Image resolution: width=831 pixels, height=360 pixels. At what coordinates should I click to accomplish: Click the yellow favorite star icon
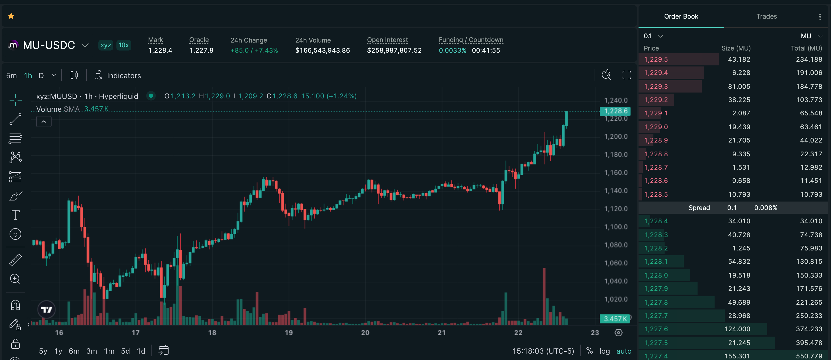[11, 16]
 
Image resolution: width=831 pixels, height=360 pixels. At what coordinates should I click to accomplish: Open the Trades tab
[766, 16]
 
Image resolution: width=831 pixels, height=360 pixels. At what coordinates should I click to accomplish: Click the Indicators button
[118, 76]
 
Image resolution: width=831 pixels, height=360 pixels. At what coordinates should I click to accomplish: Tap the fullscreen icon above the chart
[627, 75]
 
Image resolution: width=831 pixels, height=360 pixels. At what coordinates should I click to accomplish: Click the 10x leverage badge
[124, 45]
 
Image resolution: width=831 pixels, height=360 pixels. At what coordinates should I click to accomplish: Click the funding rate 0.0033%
[452, 50]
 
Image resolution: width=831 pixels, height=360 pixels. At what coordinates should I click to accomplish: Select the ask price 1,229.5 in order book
[656, 59]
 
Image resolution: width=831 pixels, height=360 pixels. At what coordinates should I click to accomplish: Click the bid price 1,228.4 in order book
[656, 221]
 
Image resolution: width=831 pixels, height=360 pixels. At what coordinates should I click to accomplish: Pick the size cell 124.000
[737, 329]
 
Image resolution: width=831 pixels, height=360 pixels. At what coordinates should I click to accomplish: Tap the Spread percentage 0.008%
[766, 208]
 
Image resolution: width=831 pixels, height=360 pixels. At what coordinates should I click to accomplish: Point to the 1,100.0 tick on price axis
[616, 227]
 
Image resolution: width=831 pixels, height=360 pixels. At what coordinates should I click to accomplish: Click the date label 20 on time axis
[365, 333]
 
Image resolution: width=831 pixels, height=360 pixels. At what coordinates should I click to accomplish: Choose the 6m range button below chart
[74, 351]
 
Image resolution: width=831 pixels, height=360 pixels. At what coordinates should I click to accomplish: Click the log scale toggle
[605, 351]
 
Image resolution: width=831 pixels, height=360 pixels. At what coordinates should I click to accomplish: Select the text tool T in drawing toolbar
[15, 215]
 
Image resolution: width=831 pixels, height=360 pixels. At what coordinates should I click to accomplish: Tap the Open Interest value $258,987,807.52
[394, 50]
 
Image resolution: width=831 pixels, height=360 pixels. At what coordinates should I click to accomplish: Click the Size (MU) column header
[736, 48]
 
